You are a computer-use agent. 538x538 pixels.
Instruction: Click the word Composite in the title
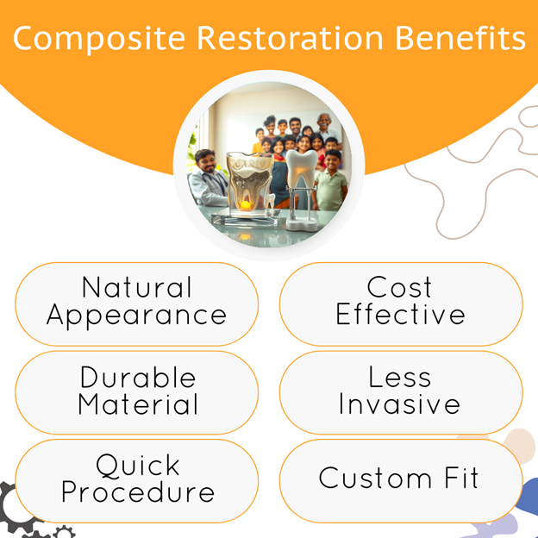99,39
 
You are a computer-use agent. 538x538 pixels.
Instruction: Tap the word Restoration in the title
290,38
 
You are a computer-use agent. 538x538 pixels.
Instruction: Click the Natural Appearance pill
136,304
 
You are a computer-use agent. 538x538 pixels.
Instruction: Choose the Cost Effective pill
401,304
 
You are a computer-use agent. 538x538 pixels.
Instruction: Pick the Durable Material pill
136,392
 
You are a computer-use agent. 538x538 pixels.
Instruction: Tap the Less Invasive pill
401,392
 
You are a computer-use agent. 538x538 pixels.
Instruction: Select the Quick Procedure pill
136,481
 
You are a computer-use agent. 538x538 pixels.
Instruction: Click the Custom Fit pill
401,481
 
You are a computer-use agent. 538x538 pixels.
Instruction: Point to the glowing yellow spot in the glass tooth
246,205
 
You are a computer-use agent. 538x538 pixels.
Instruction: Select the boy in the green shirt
330,180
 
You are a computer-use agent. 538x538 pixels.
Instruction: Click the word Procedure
138,492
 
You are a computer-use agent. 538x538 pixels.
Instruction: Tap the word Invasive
399,404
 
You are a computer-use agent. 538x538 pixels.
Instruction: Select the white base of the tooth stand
301,225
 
